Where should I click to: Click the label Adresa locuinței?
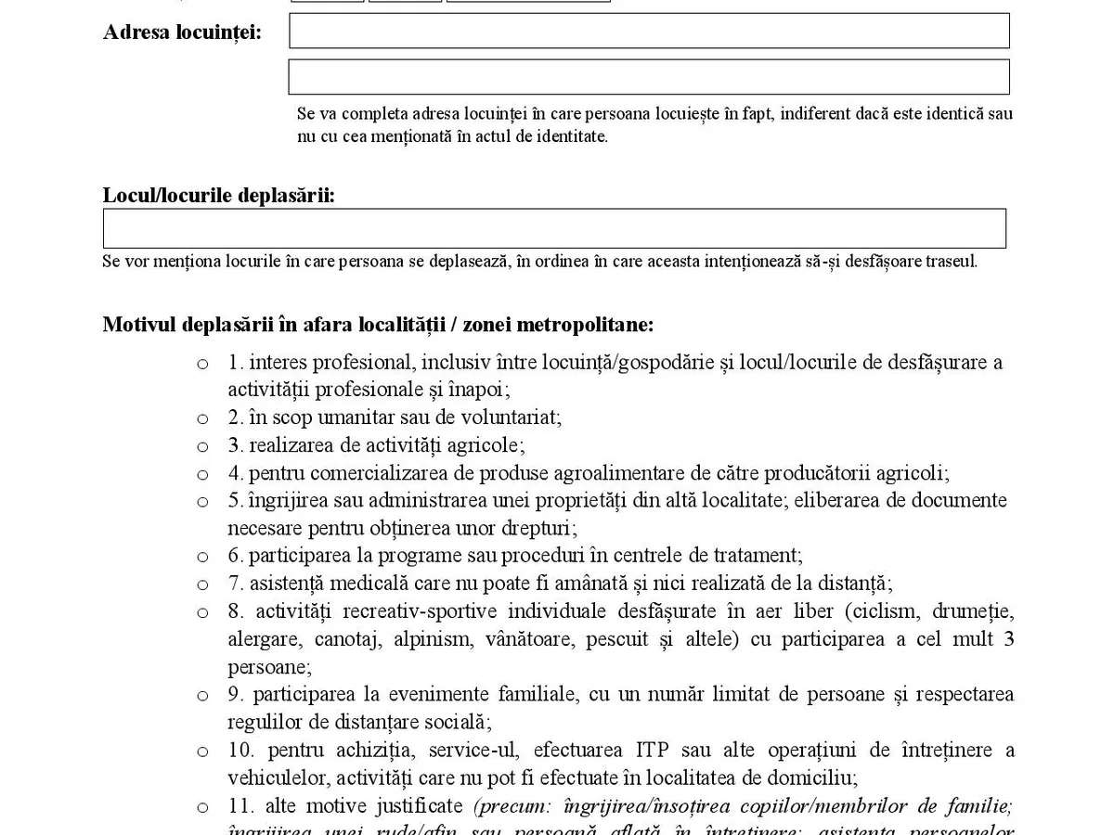coord(182,32)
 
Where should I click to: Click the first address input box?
coord(649,31)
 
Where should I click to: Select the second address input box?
coord(649,77)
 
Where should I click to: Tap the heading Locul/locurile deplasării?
coord(219,196)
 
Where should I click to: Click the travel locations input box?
coord(554,228)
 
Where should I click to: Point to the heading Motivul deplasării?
coord(378,325)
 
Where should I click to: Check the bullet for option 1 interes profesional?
coord(202,364)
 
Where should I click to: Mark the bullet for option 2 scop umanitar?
coord(202,419)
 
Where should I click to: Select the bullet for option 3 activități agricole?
coord(202,447)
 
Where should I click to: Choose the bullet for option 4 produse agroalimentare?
coord(202,475)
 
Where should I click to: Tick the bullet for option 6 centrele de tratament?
coord(202,558)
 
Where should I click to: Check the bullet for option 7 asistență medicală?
coord(202,585)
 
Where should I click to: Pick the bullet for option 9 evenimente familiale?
coord(202,696)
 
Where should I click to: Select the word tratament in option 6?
coord(756,556)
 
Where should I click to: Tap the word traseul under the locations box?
coord(951,261)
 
